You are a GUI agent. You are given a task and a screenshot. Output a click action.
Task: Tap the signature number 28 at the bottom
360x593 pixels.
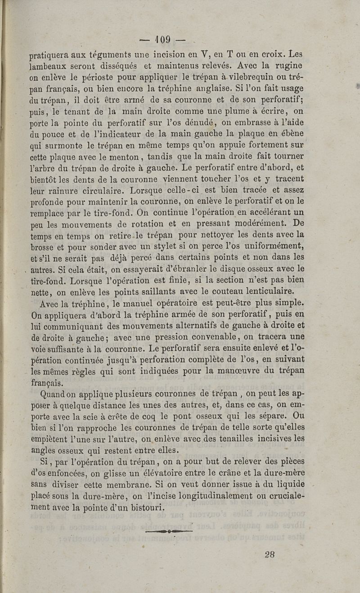click(270, 554)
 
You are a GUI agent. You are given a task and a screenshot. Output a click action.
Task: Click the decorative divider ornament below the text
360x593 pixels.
click(169, 531)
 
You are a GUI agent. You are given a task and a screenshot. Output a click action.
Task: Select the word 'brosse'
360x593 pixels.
click(42, 246)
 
